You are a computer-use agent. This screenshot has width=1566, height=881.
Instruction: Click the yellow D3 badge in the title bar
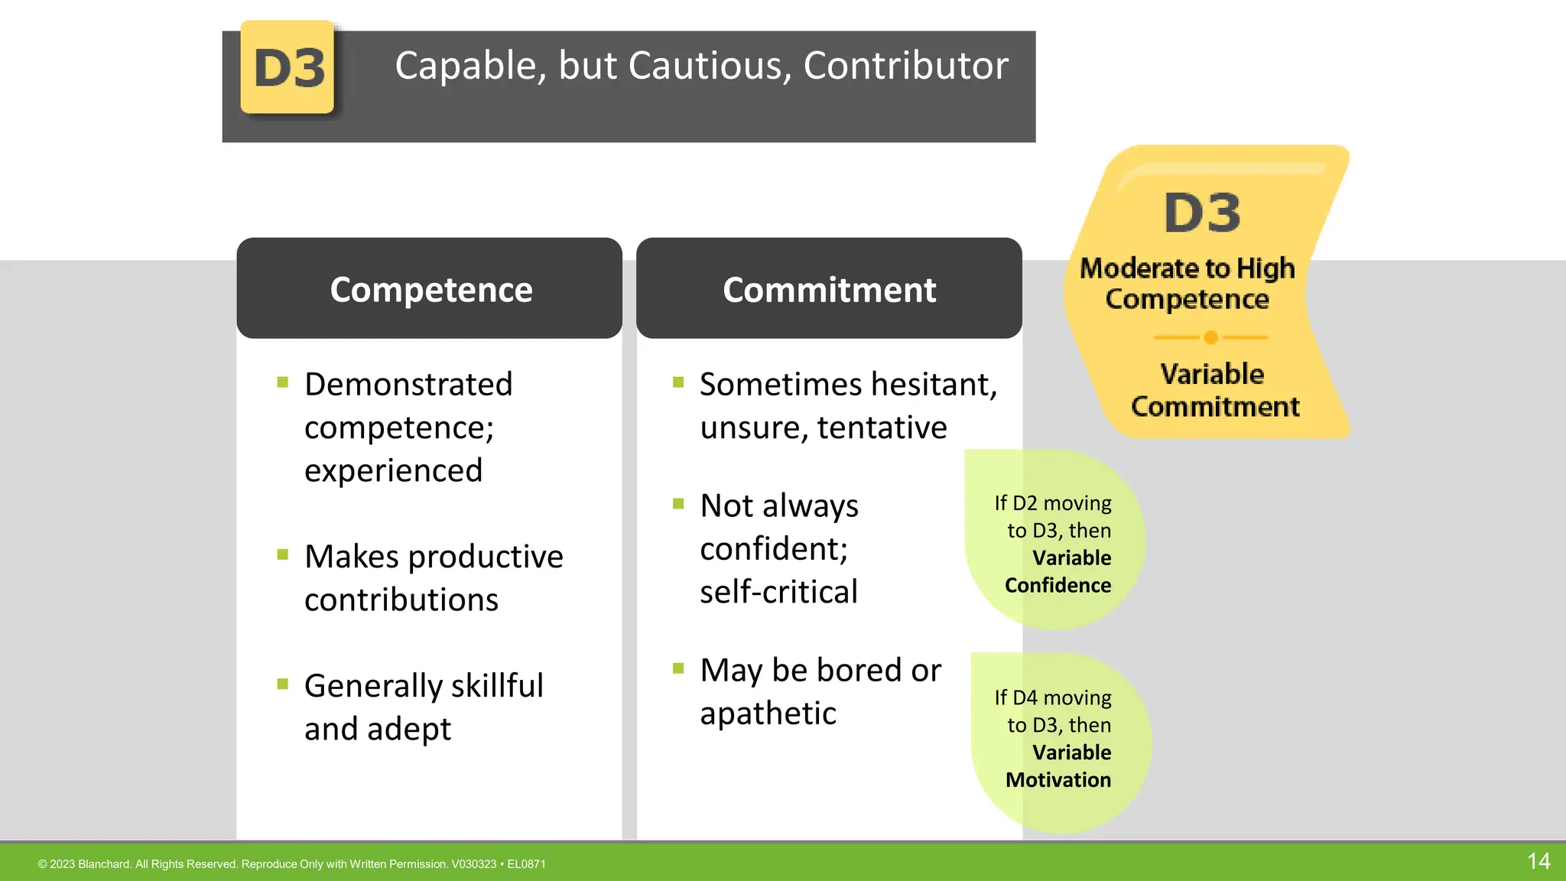pyautogui.click(x=288, y=67)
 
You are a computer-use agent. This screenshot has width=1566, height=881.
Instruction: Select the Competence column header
pyautogui.click(x=430, y=289)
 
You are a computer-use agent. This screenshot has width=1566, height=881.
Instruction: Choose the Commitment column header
pyautogui.click(x=829, y=289)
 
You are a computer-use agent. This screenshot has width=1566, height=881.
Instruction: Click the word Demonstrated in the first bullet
pyautogui.click(x=408, y=384)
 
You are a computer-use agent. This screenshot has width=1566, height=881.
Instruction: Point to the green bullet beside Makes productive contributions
pyautogui.click(x=283, y=554)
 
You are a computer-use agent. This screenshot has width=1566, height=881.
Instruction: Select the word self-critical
pyautogui.click(x=778, y=591)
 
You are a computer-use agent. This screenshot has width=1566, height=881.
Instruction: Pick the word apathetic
pyautogui.click(x=768, y=713)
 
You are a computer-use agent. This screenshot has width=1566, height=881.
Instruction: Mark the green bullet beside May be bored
pyautogui.click(x=678, y=668)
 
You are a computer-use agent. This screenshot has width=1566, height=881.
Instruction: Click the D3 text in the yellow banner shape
pyautogui.click(x=1202, y=213)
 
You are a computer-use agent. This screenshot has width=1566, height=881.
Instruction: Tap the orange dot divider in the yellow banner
pyautogui.click(x=1210, y=337)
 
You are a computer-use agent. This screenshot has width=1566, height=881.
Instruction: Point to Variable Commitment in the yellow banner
pyautogui.click(x=1214, y=391)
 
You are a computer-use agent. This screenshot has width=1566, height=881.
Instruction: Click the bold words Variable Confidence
pyautogui.click(x=1059, y=571)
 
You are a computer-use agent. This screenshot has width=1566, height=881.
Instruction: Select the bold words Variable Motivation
pyautogui.click(x=1059, y=766)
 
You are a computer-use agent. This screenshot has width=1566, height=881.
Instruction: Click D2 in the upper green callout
pyautogui.click(x=1025, y=503)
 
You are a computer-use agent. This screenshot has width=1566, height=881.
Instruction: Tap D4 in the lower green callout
pyautogui.click(x=1025, y=697)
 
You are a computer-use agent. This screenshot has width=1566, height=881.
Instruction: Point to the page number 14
pyautogui.click(x=1538, y=861)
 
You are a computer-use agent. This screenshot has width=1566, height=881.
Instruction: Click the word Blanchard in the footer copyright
pyautogui.click(x=104, y=864)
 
